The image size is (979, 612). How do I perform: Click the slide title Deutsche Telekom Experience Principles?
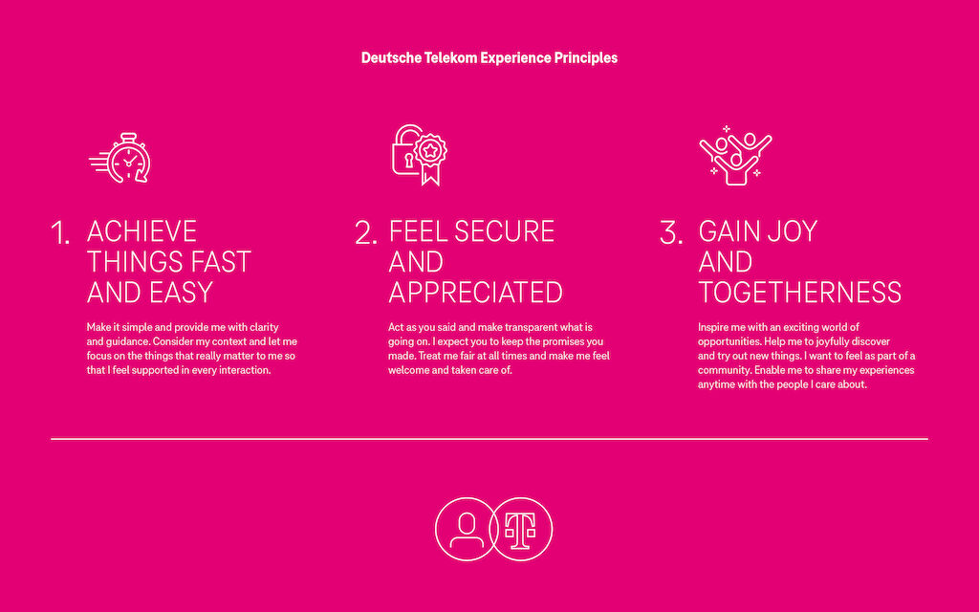click(489, 57)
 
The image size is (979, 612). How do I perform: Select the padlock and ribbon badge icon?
click(419, 154)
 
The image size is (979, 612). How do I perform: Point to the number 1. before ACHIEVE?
click(60, 234)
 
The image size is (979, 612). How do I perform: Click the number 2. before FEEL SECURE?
click(366, 234)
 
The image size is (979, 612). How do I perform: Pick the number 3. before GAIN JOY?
click(671, 234)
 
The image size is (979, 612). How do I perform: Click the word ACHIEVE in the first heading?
click(141, 231)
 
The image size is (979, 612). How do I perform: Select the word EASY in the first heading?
click(179, 292)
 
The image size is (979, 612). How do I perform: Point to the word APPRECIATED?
click(475, 292)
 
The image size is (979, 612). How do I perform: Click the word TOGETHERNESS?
click(799, 292)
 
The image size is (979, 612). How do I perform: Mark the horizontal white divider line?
click(489, 439)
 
